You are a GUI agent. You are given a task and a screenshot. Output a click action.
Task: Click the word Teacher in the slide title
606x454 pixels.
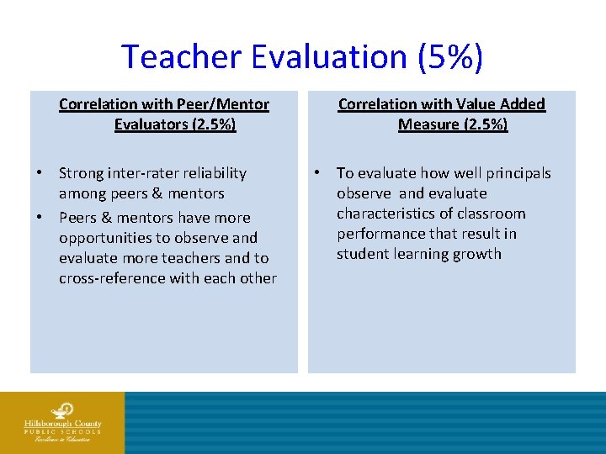click(x=181, y=57)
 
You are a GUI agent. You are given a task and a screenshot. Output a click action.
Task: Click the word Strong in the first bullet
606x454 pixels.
click(x=82, y=173)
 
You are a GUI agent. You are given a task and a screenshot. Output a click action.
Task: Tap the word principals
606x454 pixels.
click(x=518, y=173)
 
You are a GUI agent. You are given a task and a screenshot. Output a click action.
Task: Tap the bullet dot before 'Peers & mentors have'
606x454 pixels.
click(x=40, y=218)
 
